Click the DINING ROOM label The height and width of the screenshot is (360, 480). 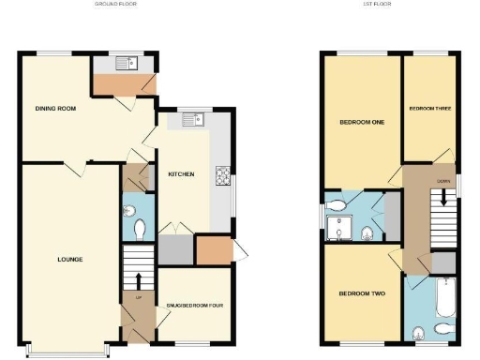(55, 109)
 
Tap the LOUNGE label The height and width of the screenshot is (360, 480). (69, 259)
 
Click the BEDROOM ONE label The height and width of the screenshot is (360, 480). (359, 121)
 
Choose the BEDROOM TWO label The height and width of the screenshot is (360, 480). (361, 293)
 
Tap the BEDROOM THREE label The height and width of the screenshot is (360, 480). (430, 109)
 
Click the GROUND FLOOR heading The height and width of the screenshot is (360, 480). (115, 5)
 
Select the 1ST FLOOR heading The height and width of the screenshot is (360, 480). (377, 5)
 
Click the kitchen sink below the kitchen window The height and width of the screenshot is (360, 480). (191, 119)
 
